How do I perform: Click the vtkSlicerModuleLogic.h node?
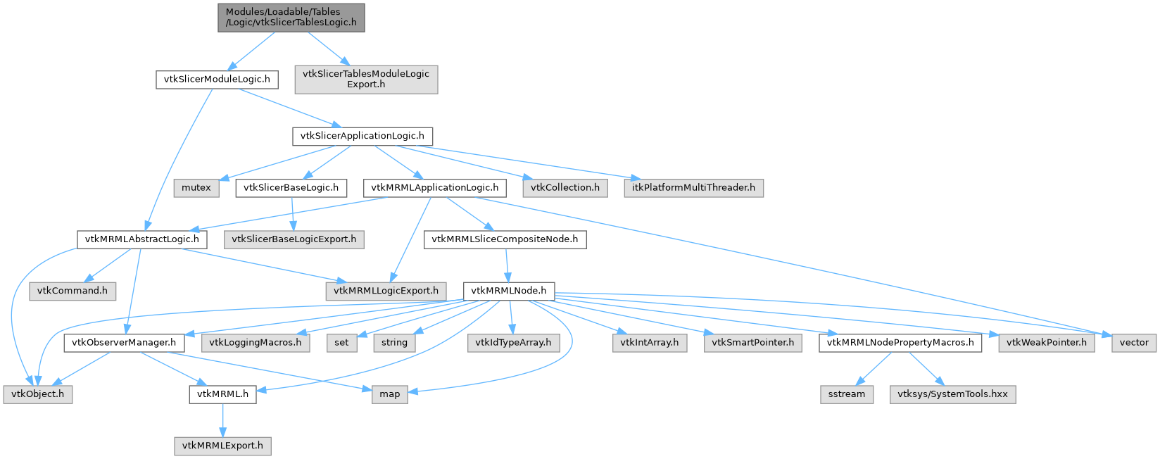click(217, 80)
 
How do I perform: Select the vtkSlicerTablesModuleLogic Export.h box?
click(366, 80)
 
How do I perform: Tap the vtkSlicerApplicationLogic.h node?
click(362, 137)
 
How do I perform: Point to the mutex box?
click(196, 187)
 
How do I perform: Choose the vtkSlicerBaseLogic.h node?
click(291, 187)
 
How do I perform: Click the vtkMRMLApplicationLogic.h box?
click(435, 187)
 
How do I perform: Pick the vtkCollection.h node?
click(565, 187)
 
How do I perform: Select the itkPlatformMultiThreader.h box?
click(693, 187)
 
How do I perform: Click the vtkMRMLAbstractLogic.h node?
click(142, 239)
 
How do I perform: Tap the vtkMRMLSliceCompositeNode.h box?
click(505, 239)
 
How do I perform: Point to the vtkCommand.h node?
click(72, 291)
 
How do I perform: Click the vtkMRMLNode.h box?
click(509, 291)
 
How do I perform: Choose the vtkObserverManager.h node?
click(125, 342)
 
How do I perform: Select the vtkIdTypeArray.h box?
click(513, 342)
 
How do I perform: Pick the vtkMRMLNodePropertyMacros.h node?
click(900, 342)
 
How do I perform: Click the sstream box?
click(847, 394)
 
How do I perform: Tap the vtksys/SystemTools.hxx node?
click(953, 394)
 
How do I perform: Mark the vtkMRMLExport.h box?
click(222, 446)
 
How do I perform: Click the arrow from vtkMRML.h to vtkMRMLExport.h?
click(222, 420)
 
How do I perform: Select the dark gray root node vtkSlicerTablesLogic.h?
click(291, 18)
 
